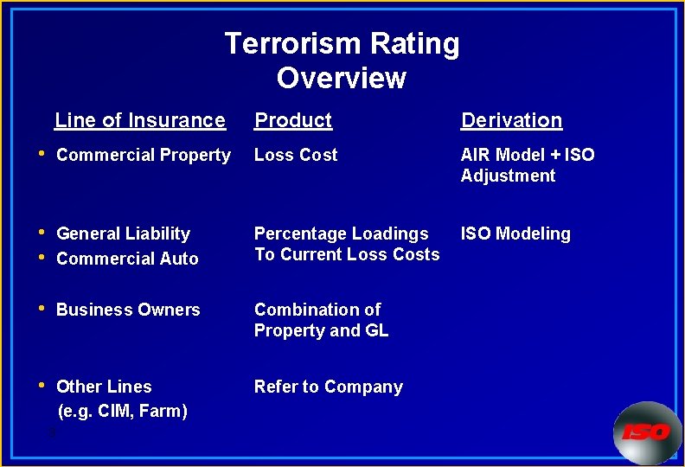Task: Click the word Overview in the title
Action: pyautogui.click(x=341, y=78)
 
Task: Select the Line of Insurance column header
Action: pyautogui.click(x=139, y=120)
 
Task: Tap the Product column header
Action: pyautogui.click(x=292, y=120)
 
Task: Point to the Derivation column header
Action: pyautogui.click(x=511, y=120)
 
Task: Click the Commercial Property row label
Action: pyautogui.click(x=144, y=155)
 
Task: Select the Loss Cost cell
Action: pyautogui.click(x=296, y=155)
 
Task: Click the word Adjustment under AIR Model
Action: pyautogui.click(x=508, y=176)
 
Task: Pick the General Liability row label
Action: pyautogui.click(x=123, y=233)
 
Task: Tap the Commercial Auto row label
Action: pyautogui.click(x=127, y=259)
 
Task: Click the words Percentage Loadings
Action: pyautogui.click(x=341, y=233)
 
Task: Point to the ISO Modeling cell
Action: pyautogui.click(x=515, y=233)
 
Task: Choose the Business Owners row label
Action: pyautogui.click(x=128, y=310)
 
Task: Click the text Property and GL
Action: pyautogui.click(x=321, y=330)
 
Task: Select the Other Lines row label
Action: pyautogui.click(x=104, y=387)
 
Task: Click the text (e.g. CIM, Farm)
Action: pyautogui.click(x=122, y=411)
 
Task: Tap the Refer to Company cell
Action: pyautogui.click(x=328, y=387)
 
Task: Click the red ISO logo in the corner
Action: pyautogui.click(x=646, y=432)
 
